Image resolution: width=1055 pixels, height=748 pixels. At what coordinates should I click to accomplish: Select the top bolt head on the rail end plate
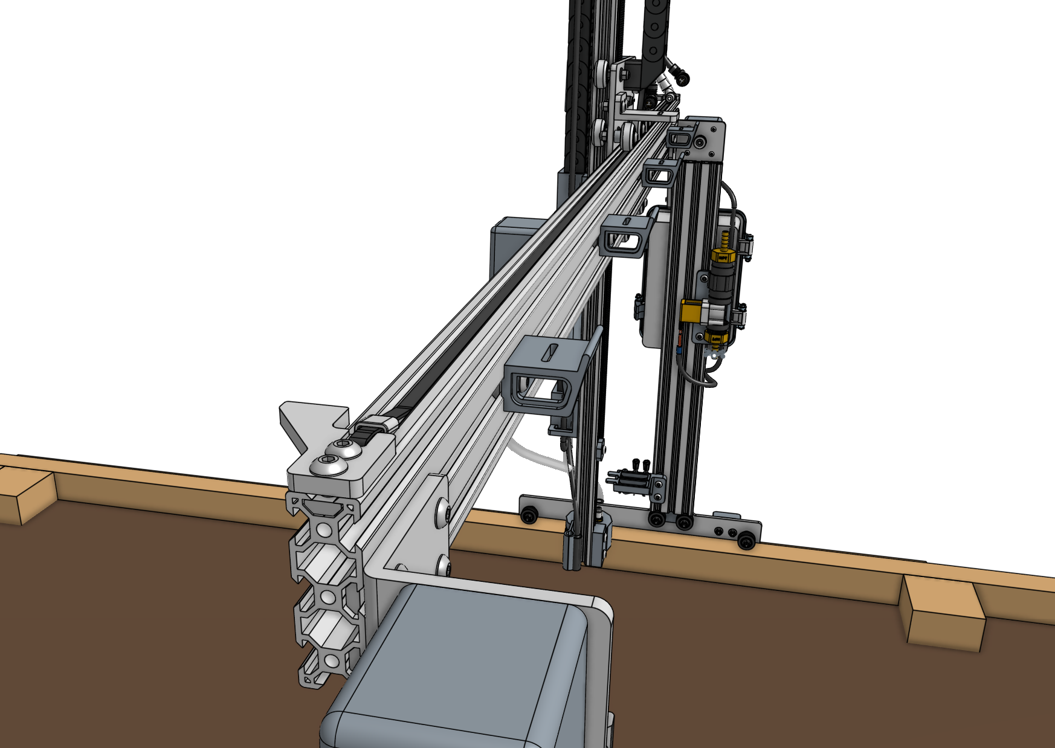click(x=343, y=449)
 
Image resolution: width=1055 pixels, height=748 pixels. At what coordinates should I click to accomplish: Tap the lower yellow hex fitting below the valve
click(x=716, y=337)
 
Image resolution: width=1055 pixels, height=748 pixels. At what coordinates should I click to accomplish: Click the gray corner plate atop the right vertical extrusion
click(x=707, y=139)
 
